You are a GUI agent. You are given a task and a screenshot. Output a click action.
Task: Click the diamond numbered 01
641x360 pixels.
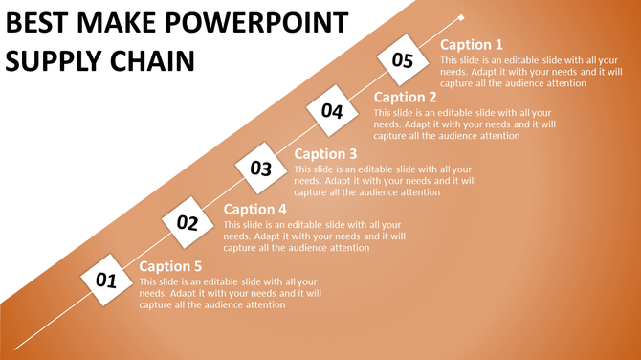(x=105, y=281)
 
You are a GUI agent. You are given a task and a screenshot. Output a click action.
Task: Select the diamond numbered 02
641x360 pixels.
(x=187, y=224)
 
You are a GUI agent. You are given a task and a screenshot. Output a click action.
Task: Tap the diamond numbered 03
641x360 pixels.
(x=261, y=169)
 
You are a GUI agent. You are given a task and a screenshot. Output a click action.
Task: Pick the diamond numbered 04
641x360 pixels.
(x=332, y=112)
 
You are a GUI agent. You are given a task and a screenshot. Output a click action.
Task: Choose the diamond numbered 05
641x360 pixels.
(x=402, y=61)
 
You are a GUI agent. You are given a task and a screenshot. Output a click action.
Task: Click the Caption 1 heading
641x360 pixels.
(x=471, y=45)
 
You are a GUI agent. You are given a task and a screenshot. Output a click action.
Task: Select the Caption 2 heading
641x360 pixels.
(x=406, y=97)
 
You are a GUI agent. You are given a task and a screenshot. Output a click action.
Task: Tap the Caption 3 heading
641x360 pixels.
(x=325, y=153)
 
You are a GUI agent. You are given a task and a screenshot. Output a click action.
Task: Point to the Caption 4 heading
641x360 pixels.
(x=254, y=210)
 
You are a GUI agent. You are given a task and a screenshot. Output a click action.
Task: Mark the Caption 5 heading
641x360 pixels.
(x=171, y=266)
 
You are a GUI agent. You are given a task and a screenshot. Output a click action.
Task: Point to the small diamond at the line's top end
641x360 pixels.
(x=462, y=17)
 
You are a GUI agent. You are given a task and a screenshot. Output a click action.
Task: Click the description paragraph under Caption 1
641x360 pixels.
(x=530, y=71)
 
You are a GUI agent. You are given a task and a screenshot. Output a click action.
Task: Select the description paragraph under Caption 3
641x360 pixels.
(x=384, y=180)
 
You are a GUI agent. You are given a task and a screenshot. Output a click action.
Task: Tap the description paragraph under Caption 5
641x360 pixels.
(x=230, y=293)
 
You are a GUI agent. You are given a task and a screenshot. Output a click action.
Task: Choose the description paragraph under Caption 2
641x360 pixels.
(x=463, y=124)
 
